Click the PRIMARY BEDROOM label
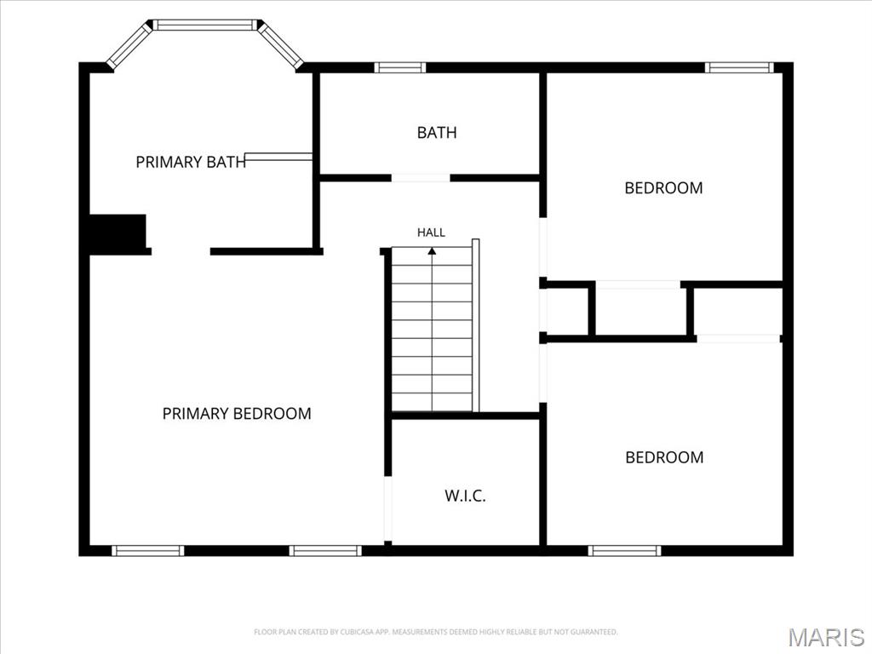point(237,413)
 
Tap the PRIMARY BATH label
point(191,162)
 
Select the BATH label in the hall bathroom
point(437,132)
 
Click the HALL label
point(431,232)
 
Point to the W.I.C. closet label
point(465,496)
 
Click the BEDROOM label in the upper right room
point(663,188)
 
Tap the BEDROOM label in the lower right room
point(664,457)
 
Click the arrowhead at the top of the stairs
point(432,251)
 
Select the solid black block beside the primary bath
point(118,232)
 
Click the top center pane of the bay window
point(204,25)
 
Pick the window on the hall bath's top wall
point(400,68)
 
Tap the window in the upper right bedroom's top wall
point(739,68)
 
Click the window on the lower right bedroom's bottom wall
point(624,551)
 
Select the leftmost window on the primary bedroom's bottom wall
point(148,551)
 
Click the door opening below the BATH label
point(421,178)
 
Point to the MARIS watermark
point(826,637)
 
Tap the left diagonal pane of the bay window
point(129,46)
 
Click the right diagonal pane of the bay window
point(280,46)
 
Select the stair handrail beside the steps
point(475,325)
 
